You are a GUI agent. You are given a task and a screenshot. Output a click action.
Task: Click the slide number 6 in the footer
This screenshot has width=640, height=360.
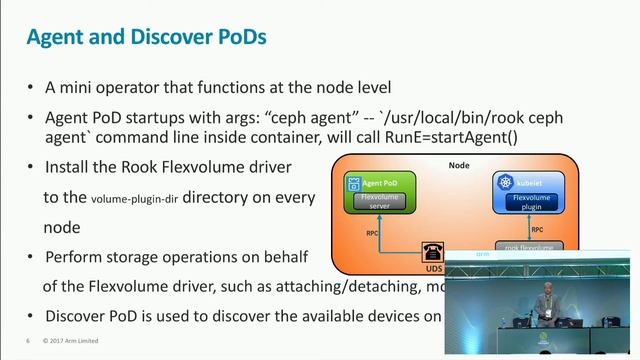(28, 340)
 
